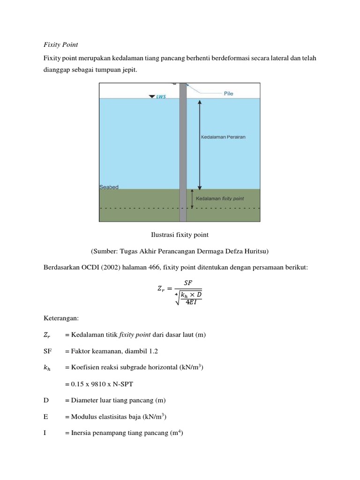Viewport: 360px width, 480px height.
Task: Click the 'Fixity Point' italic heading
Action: point(60,45)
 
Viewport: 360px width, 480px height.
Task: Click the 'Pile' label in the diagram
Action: point(228,94)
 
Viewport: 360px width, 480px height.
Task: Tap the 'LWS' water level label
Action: point(161,97)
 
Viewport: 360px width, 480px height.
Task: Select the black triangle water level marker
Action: point(151,97)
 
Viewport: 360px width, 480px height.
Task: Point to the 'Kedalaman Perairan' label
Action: point(223,137)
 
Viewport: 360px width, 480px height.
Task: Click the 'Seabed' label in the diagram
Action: point(109,187)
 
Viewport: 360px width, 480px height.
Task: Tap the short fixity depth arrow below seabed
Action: point(192,198)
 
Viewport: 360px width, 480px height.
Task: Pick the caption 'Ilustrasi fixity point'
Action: point(180,234)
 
